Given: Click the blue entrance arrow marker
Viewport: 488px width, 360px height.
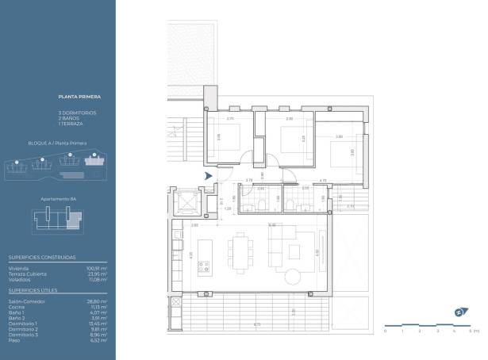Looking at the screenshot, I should pyautogui.click(x=209, y=176).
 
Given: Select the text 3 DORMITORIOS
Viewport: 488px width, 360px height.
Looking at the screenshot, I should pyautogui.click(x=77, y=113).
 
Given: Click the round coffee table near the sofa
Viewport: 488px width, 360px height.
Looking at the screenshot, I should pyautogui.click(x=294, y=275).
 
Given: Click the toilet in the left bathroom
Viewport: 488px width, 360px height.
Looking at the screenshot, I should pyautogui.click(x=252, y=205).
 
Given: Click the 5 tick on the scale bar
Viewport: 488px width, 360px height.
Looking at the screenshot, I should pyautogui.click(x=471, y=327).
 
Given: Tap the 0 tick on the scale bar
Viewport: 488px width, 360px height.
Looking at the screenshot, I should pyautogui.click(x=385, y=327).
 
